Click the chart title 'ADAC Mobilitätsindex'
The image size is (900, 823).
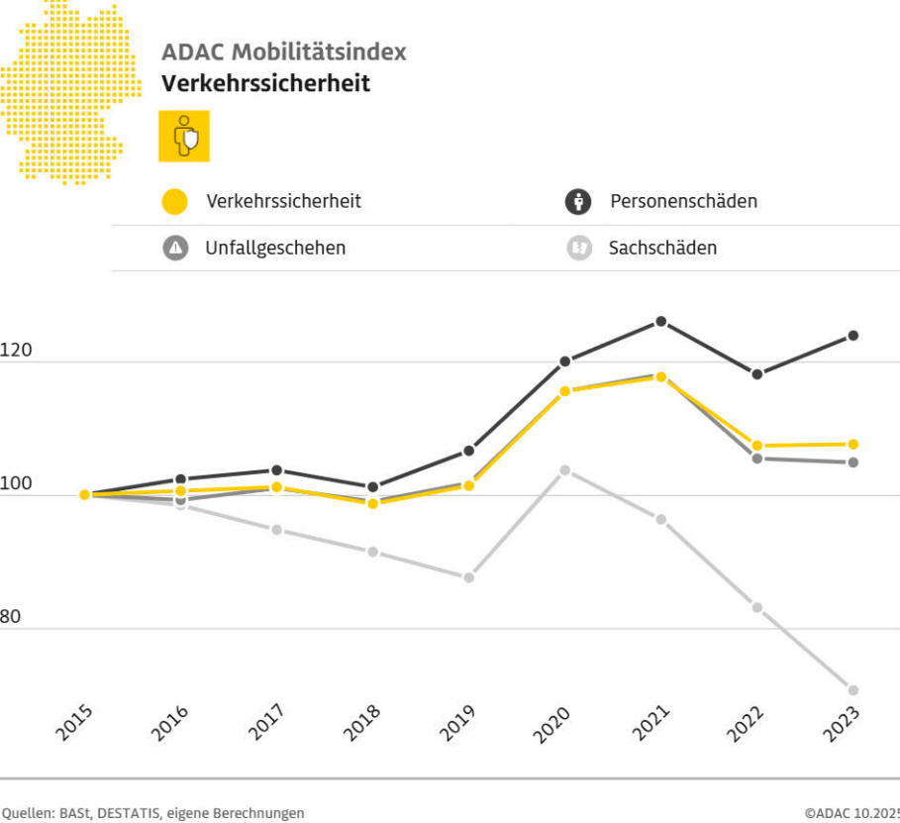[x=283, y=52]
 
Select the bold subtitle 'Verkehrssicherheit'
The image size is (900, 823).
[x=265, y=83]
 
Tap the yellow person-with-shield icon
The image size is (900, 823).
[x=184, y=136]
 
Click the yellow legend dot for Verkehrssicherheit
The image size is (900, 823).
[x=175, y=202]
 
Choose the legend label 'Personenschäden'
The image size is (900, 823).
[x=683, y=201]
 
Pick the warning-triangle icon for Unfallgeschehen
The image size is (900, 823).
[x=176, y=249]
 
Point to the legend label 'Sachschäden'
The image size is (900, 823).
[x=662, y=249]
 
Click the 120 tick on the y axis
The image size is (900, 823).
[x=16, y=351]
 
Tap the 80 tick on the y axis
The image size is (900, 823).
[x=10, y=617]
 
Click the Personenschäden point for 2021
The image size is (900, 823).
[x=660, y=322]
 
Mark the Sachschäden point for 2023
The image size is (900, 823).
[x=852, y=690]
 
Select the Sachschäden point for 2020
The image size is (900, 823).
[x=564, y=470]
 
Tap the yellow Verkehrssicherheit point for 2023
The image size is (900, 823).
[x=852, y=444]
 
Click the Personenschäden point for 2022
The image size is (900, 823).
[x=756, y=374]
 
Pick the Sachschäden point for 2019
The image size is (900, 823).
[x=468, y=577]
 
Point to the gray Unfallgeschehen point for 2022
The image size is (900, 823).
[x=756, y=459]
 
